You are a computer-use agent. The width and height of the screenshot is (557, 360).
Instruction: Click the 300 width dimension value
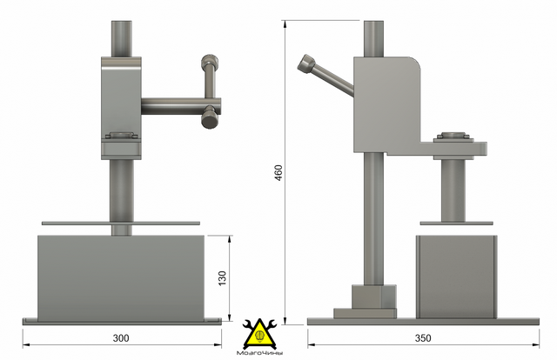pyautogui.click(x=121, y=338)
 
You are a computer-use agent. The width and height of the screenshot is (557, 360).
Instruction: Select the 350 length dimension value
pyautogui.click(x=423, y=338)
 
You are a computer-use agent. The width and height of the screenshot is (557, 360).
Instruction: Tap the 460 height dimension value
pyautogui.click(x=278, y=172)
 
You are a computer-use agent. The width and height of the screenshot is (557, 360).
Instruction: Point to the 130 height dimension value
pyautogui.click(x=222, y=278)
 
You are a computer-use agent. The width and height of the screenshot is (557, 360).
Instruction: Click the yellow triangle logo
pyautogui.click(x=259, y=334)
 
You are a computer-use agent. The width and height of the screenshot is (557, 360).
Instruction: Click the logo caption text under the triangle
pyautogui.click(x=259, y=353)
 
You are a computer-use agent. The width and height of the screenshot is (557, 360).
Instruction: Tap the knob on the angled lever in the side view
pyautogui.click(x=306, y=63)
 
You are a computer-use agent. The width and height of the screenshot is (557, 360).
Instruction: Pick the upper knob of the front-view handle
pyautogui.click(x=210, y=62)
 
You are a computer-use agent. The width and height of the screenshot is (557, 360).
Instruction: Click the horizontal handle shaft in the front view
pyautogui.click(x=181, y=106)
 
